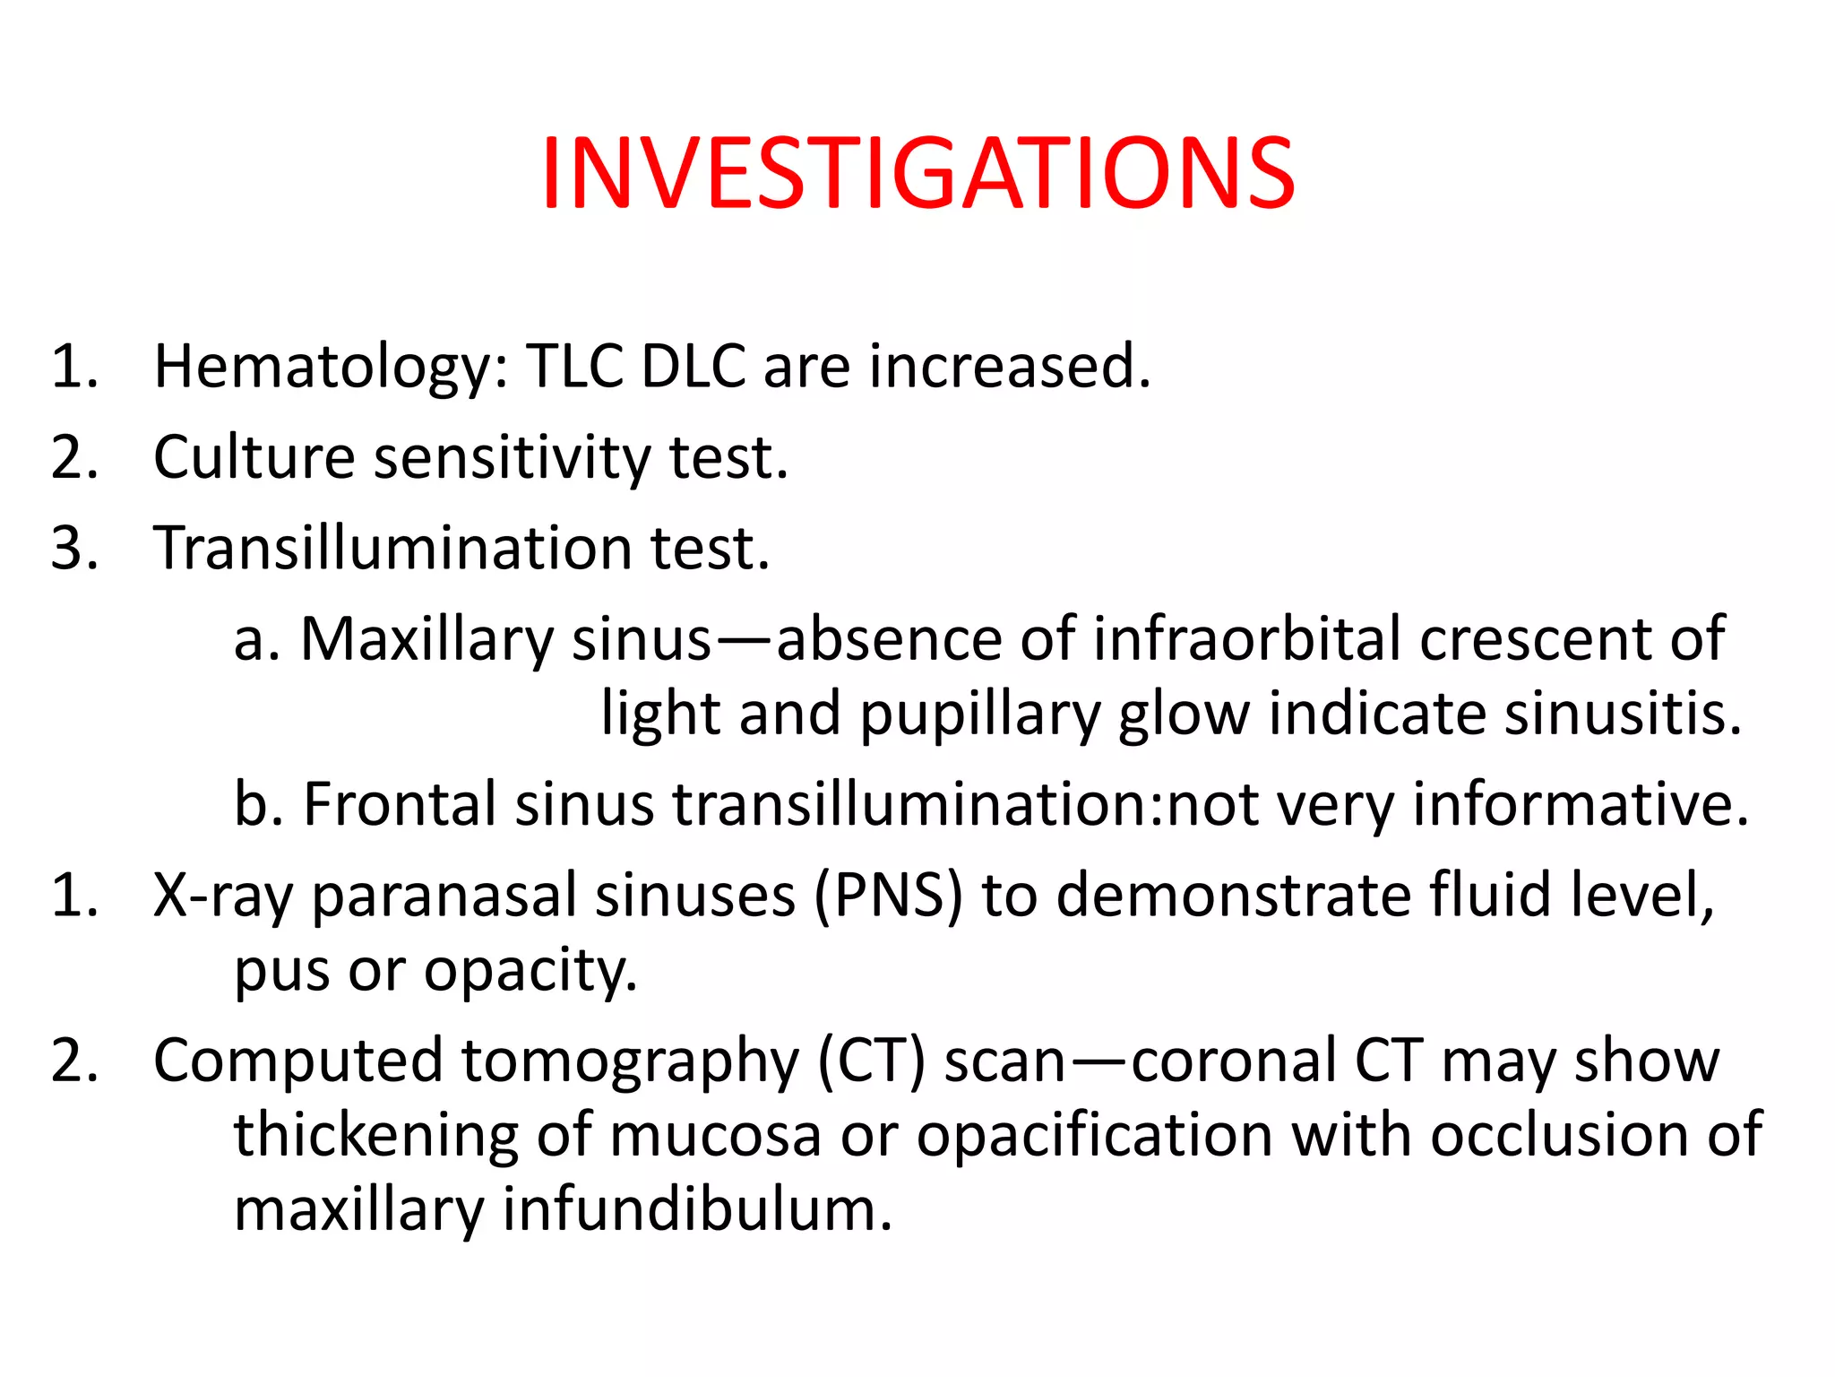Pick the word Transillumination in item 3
(x=393, y=548)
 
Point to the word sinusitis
(x=1623, y=714)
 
